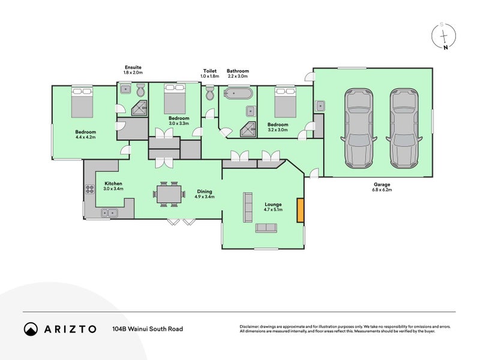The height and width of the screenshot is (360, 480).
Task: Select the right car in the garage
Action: click(404, 128)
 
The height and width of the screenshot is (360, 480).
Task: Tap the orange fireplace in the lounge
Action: click(301, 210)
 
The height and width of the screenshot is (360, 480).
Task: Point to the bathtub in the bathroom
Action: click(238, 94)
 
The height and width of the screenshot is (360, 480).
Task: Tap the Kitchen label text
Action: click(114, 184)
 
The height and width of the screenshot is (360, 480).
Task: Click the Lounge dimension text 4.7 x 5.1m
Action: click(274, 210)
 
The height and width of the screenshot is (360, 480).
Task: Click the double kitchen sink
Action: click(109, 212)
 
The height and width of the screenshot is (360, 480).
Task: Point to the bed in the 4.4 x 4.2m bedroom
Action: click(82, 101)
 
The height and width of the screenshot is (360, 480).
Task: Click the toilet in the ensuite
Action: click(140, 91)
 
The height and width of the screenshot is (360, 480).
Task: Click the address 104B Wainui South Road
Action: click(147, 329)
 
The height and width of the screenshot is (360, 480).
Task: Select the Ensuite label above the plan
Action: click(133, 67)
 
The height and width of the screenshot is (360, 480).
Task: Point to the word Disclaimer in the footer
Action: click(251, 326)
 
